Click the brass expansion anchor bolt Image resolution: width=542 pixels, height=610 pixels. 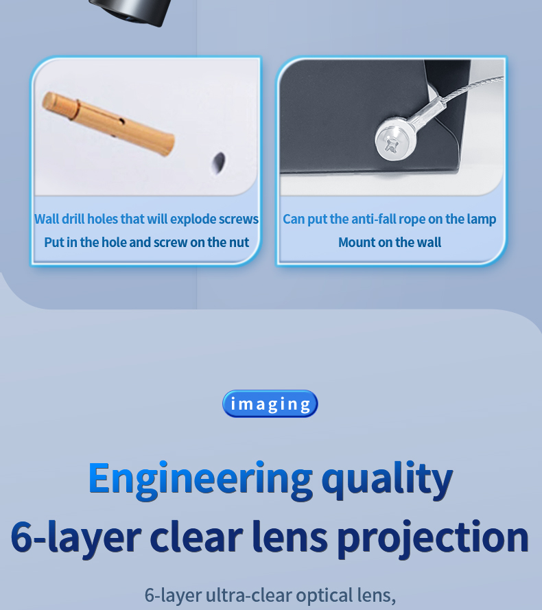(108, 123)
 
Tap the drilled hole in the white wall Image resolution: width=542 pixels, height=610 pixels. (219, 162)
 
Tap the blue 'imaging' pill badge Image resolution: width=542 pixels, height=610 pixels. (270, 404)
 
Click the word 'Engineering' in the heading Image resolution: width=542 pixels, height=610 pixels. (200, 479)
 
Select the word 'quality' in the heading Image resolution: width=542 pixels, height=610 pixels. (388, 479)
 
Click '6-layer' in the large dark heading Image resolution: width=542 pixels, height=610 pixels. (76, 537)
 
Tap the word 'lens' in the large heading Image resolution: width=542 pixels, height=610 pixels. (290, 536)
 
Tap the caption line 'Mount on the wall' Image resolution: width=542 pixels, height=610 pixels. (390, 242)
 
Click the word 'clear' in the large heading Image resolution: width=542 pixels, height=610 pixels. (196, 536)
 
